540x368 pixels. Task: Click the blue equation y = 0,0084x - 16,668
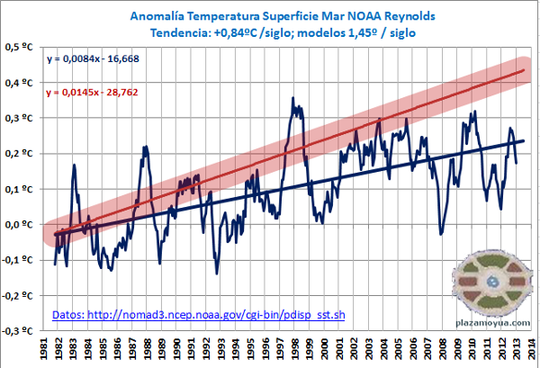[x=99, y=59]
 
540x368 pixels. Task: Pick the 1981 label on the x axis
[x=44, y=348]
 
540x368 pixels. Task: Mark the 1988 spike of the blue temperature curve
[x=145, y=147]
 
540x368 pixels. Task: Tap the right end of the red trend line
[x=525, y=70]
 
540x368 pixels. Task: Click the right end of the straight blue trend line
[x=525, y=141]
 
